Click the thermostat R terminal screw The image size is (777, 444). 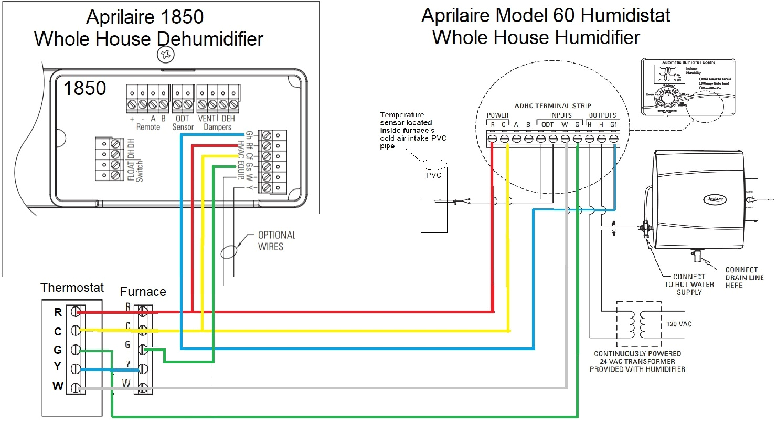(x=75, y=312)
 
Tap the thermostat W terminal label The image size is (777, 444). (x=58, y=386)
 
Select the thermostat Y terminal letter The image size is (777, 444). (x=58, y=366)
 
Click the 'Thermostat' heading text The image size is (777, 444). (x=72, y=288)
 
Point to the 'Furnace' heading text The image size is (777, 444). (x=143, y=292)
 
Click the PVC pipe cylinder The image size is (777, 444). (x=434, y=197)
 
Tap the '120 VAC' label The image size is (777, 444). (x=679, y=324)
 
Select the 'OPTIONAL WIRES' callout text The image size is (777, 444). (x=276, y=241)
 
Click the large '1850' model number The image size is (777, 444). (x=84, y=88)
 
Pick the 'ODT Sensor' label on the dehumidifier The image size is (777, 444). (x=183, y=123)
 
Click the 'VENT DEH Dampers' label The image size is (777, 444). (x=217, y=123)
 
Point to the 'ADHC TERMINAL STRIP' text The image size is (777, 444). (x=552, y=106)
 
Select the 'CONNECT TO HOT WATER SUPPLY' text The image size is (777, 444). (x=689, y=284)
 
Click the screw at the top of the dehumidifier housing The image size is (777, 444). (x=166, y=54)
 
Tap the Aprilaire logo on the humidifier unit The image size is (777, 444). (x=715, y=199)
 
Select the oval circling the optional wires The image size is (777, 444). (x=229, y=252)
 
